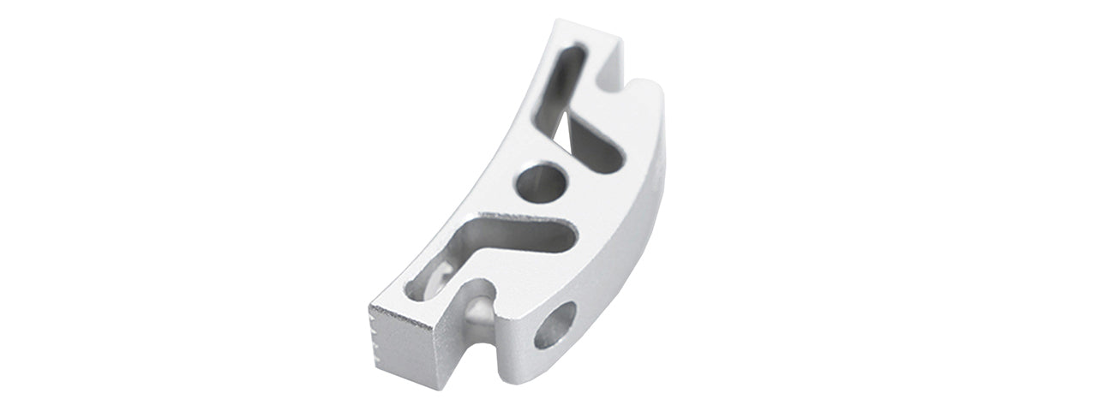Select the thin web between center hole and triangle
(572, 168)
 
